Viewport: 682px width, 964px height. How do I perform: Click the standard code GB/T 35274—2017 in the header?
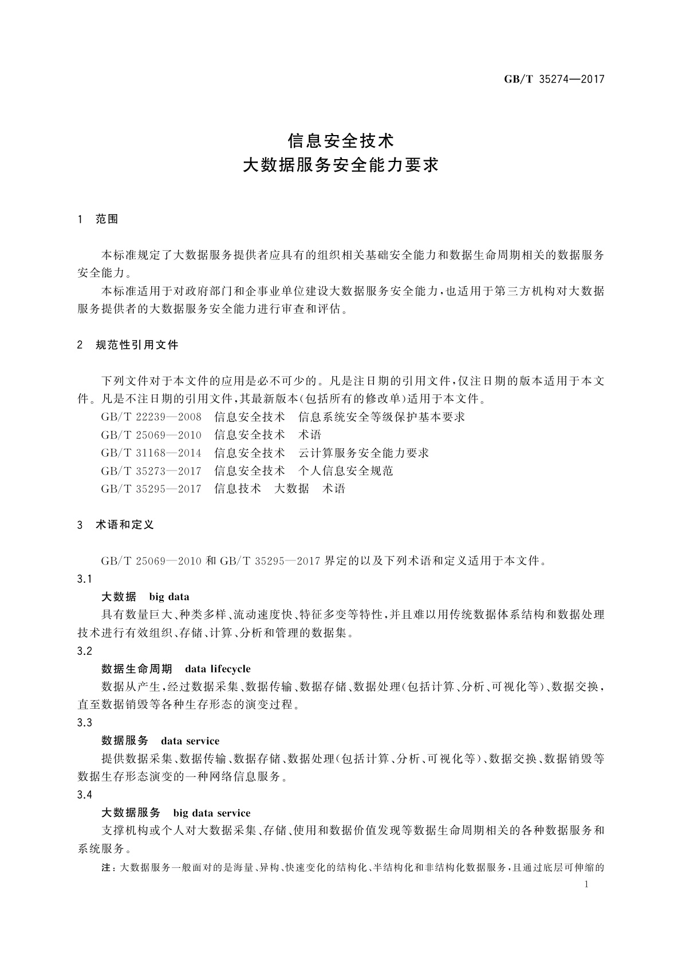tap(554, 80)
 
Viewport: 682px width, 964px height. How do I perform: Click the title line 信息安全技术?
tap(341, 140)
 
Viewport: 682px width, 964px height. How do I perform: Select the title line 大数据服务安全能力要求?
tap(341, 165)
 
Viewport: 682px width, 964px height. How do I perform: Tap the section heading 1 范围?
tap(98, 219)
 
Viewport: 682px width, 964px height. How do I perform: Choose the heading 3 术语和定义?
tap(116, 525)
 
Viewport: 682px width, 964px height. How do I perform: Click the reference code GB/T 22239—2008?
tap(151, 417)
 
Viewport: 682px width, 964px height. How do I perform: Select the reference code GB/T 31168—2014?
tap(151, 453)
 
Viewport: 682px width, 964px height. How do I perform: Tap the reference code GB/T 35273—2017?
tap(151, 471)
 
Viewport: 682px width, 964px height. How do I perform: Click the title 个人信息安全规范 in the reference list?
tap(346, 471)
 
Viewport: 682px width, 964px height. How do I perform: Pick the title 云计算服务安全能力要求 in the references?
tap(364, 453)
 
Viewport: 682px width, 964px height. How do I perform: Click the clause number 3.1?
tap(84, 579)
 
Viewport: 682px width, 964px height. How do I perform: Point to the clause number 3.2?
tap(84, 651)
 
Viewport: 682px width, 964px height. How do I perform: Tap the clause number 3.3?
tap(84, 723)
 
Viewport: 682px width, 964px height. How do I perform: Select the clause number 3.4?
tap(84, 795)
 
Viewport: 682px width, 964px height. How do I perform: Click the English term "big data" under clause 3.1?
tap(169, 597)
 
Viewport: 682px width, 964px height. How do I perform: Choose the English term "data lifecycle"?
tap(218, 669)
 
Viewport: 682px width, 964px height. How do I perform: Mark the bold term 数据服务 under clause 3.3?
tap(125, 741)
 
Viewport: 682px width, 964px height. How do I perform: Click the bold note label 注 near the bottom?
tap(107, 868)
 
